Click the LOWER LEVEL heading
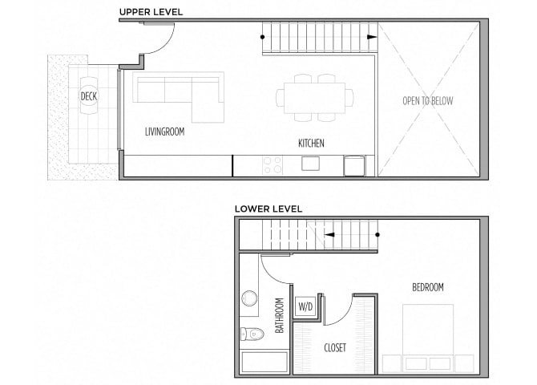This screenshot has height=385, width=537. pos(268,209)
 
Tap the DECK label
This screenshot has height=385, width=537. pos(88,97)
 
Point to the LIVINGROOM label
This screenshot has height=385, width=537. pos(164,131)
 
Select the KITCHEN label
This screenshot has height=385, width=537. pos(311,144)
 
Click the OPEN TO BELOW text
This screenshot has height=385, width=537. pos(428,101)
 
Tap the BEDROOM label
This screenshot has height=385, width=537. pos(428,287)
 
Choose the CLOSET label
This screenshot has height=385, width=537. pos(334,347)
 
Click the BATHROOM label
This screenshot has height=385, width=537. pos(280,316)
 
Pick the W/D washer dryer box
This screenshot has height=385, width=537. pos(305,306)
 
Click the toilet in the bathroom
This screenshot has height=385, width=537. pos(252,334)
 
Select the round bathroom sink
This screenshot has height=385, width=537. pos(249,299)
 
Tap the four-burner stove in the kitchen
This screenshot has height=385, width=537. pos(273,165)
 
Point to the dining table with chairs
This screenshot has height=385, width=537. pos(315,97)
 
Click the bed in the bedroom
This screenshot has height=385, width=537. pos(427,337)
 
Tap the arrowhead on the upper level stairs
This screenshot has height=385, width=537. pos(371,37)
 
